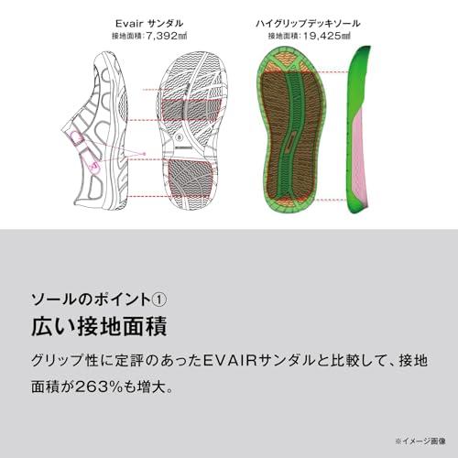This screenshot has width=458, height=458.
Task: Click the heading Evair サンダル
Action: [x=149, y=23]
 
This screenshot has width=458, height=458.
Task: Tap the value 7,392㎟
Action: [x=167, y=36]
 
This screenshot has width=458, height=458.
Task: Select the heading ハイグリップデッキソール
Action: [x=308, y=23]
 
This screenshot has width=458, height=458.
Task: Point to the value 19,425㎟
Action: [x=326, y=36]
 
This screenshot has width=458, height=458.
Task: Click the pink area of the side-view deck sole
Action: [x=360, y=156]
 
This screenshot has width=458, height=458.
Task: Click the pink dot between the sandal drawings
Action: [x=144, y=154]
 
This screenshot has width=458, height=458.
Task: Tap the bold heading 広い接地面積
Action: [x=99, y=326]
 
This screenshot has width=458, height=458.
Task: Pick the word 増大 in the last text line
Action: [x=150, y=387]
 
